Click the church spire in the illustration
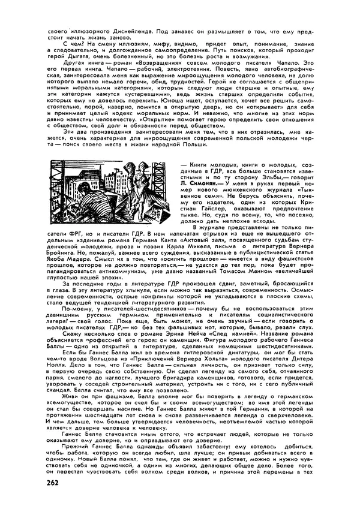[x=105, y=171]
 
